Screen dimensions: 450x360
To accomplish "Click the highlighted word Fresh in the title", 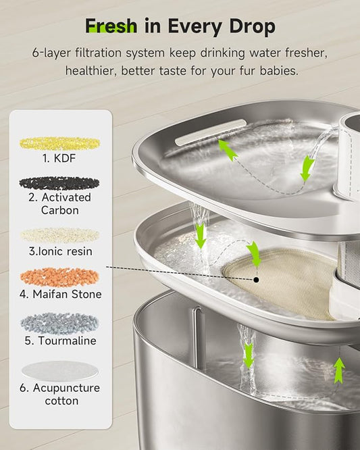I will point(111,26).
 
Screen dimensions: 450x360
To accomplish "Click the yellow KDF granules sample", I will point(59,143).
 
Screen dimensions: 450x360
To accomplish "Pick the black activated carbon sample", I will point(59,182).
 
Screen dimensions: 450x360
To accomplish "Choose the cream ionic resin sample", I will point(59,234).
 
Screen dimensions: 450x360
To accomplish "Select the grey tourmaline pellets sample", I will point(59,322).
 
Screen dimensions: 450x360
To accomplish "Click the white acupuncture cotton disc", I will point(59,370).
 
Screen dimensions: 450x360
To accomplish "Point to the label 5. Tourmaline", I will point(60,341).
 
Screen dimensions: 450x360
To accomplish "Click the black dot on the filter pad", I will point(257,279).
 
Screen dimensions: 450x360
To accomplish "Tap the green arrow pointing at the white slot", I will point(228,149).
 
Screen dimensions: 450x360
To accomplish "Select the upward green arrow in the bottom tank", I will point(339,370).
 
